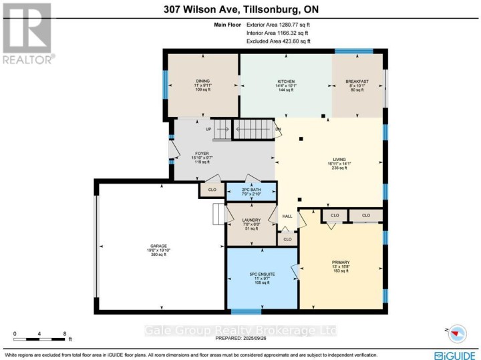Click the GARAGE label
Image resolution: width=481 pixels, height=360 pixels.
coord(158,246)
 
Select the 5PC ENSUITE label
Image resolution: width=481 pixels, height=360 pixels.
coord(263,275)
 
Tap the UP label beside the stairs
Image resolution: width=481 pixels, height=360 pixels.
coord(208,129)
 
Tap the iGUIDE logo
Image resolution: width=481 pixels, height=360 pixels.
coord(456,353)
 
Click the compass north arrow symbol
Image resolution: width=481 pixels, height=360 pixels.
coord(457,332)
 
